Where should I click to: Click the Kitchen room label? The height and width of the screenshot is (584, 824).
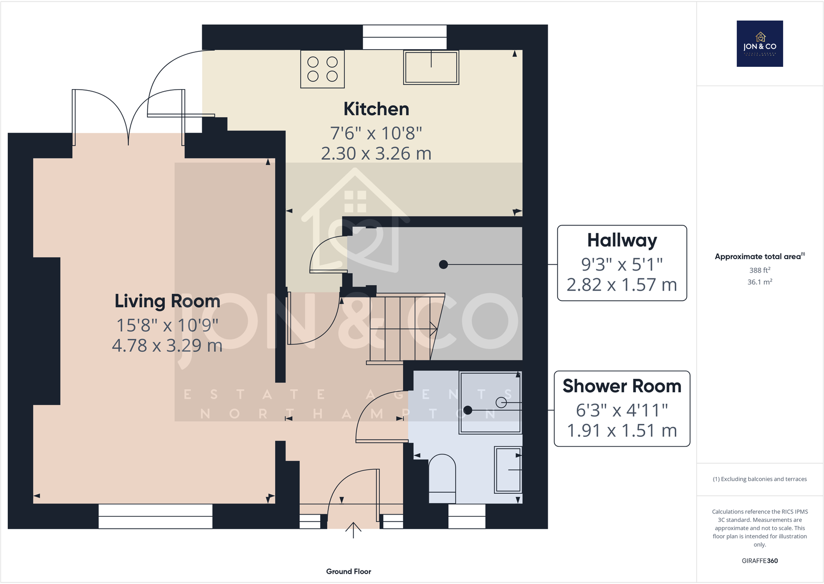pyautogui.click(x=376, y=109)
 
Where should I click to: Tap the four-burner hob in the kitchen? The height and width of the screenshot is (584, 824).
pyautogui.click(x=322, y=69)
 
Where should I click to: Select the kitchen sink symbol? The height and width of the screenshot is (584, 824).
pyautogui.click(x=431, y=67)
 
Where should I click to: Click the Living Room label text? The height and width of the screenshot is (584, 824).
pyautogui.click(x=167, y=301)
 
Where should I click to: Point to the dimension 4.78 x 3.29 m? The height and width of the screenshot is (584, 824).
pyautogui.click(x=167, y=346)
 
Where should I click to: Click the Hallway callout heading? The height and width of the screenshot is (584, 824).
pyautogui.click(x=622, y=240)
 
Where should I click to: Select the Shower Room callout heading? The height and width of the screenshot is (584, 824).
pyautogui.click(x=622, y=386)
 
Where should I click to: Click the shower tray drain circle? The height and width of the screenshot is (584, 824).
pyautogui.click(x=501, y=402)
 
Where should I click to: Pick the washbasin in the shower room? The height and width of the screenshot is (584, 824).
pyautogui.click(x=508, y=469)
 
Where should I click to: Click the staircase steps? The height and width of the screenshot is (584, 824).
pyautogui.click(x=402, y=328)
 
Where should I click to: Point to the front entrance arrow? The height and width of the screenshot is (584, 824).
pyautogui.click(x=353, y=530)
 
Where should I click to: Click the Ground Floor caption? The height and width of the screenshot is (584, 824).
pyautogui.click(x=348, y=572)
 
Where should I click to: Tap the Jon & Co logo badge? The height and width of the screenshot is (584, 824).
pyautogui.click(x=760, y=44)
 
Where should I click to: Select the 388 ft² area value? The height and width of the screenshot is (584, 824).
pyautogui.click(x=760, y=270)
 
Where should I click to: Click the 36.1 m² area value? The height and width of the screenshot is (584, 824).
pyautogui.click(x=760, y=282)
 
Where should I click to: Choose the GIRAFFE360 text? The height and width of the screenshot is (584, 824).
pyautogui.click(x=760, y=561)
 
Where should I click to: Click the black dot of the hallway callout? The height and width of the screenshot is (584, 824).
pyautogui.click(x=443, y=264)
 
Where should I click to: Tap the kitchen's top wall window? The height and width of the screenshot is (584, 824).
pyautogui.click(x=404, y=31)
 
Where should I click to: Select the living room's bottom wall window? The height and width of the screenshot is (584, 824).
pyautogui.click(x=155, y=516)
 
